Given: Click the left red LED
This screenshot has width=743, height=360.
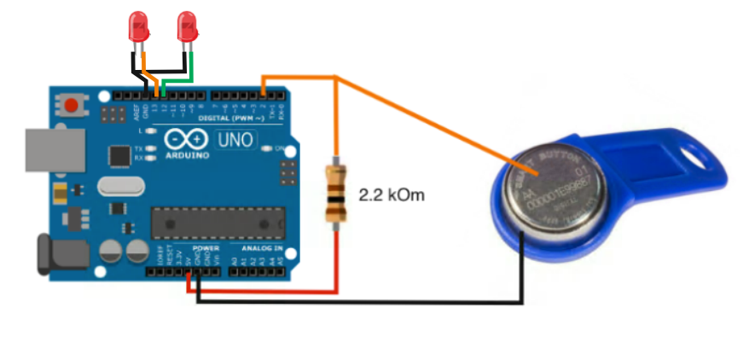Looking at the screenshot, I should click(137, 27).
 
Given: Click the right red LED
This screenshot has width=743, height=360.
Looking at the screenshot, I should click(188, 27).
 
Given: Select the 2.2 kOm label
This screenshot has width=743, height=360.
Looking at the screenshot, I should click(392, 195).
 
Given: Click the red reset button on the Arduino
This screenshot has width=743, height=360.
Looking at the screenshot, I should click(73, 106).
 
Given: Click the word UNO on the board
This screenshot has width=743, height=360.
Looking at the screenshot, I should click(236, 139).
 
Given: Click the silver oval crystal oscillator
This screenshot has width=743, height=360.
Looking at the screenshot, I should click(119, 187).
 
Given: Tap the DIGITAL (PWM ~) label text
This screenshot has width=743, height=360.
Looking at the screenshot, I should click(228, 116).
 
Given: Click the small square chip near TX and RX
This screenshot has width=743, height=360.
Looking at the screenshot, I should click(118, 156).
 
